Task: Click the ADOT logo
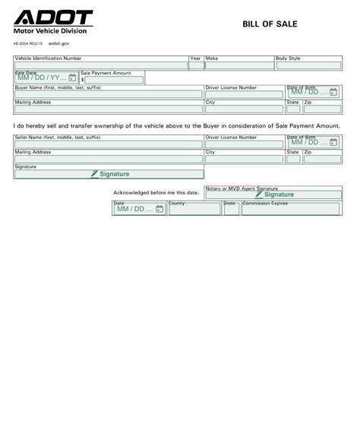click(53, 18)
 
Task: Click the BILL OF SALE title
click(270, 24)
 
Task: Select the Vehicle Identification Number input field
click(100, 66)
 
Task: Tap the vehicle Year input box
click(196, 66)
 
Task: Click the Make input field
click(239, 66)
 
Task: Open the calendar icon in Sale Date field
click(72, 78)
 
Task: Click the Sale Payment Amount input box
click(114, 80)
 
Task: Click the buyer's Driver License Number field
click(244, 94)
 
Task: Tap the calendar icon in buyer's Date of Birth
click(333, 93)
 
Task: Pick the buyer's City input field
click(244, 109)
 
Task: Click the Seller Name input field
click(108, 144)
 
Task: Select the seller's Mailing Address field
click(108, 159)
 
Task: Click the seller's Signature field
click(109, 174)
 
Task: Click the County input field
click(194, 209)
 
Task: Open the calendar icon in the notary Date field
click(159, 209)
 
